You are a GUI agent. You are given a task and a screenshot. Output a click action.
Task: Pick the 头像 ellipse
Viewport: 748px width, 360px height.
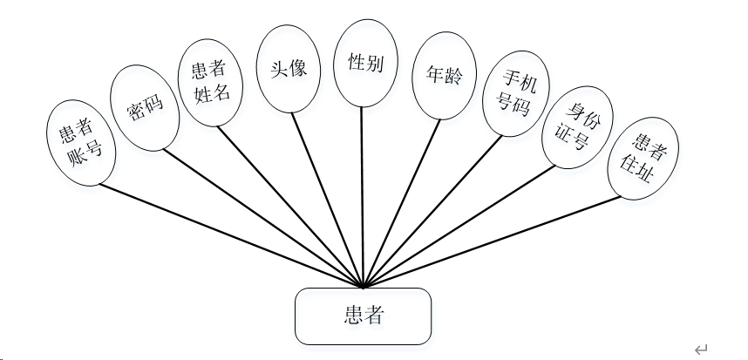[288, 69]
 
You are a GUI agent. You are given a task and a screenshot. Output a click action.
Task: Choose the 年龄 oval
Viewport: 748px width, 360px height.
[439, 75]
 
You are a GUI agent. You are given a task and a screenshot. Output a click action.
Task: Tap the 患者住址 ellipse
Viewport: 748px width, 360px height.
[643, 158]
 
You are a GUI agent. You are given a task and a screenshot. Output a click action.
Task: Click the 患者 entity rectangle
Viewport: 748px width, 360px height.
[363, 316]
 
